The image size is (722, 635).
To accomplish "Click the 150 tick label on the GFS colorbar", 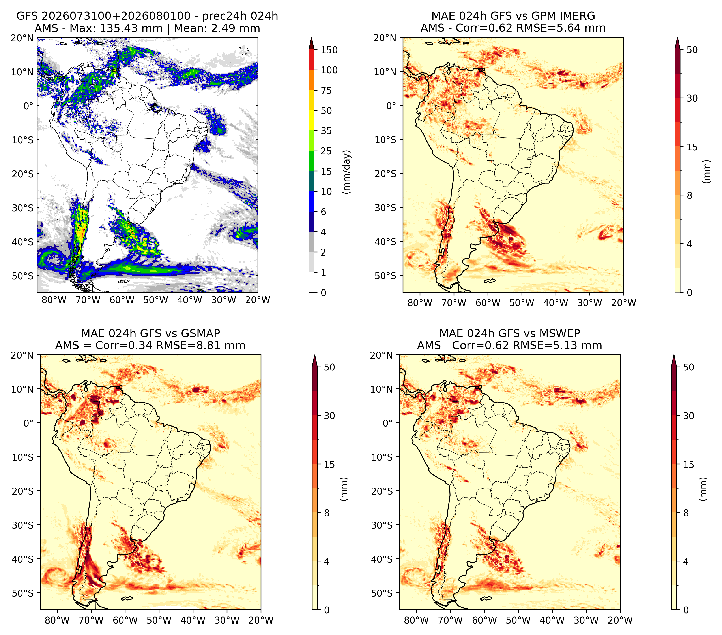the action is click(x=329, y=50).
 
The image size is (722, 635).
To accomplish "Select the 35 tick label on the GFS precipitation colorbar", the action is click(x=326, y=131).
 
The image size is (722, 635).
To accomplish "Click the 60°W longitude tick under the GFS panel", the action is click(x=122, y=300).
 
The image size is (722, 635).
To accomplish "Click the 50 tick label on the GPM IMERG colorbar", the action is click(x=692, y=50).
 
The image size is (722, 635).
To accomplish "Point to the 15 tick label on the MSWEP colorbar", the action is click(x=688, y=464).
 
